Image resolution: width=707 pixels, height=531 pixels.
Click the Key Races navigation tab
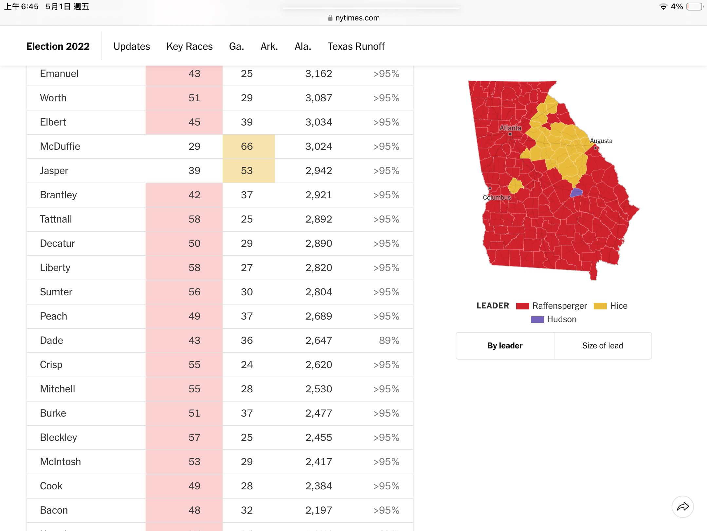(190, 47)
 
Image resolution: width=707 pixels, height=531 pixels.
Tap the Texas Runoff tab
(356, 47)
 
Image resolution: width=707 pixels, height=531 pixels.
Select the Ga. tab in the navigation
(236, 47)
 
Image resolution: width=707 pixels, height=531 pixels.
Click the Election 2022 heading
(58, 47)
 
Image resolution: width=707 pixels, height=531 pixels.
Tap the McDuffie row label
(60, 146)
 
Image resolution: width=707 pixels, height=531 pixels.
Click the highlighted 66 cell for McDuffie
(248, 147)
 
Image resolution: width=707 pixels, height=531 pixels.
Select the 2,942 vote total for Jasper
(318, 170)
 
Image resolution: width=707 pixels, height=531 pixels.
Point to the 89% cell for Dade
(389, 340)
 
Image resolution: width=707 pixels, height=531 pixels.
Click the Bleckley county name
(58, 437)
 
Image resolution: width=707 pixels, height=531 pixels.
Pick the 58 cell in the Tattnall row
(194, 219)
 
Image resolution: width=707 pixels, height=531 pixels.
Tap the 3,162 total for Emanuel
(318, 73)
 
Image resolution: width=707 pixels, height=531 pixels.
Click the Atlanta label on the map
(510, 128)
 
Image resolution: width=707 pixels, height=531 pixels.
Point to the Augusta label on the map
(601, 141)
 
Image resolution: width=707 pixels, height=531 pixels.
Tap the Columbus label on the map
(497, 197)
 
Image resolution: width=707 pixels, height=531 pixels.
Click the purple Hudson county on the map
(576, 192)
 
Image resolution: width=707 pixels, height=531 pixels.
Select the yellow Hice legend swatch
(600, 306)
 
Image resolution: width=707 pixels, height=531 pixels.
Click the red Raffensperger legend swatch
(522, 306)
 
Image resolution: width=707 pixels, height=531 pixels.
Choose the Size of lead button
(603, 346)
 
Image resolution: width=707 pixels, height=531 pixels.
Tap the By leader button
(505, 346)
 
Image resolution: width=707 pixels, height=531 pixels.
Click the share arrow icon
(683, 507)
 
